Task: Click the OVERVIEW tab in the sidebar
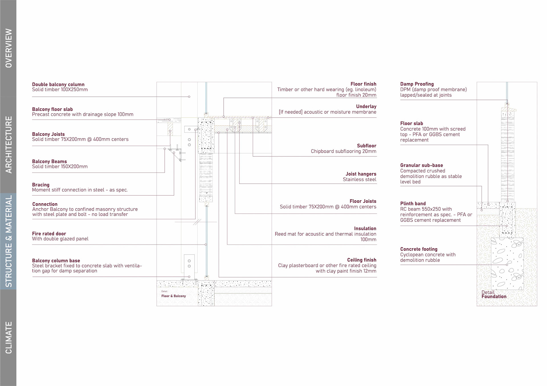pyautogui.click(x=9, y=48)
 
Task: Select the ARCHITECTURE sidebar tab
pyautogui.click(x=9, y=145)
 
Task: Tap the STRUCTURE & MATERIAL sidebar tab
pyautogui.click(x=9, y=241)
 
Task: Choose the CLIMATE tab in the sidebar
pyautogui.click(x=9, y=338)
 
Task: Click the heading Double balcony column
pyautogui.click(x=58, y=84)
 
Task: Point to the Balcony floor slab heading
pyautogui.click(x=52, y=109)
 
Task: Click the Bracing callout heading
pyautogui.click(x=41, y=185)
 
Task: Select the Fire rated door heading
pyautogui.click(x=49, y=234)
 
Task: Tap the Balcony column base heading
pyautogui.click(x=56, y=261)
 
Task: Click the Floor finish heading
pyautogui.click(x=363, y=84)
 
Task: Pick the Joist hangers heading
pyautogui.click(x=361, y=174)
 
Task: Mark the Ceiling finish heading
pyautogui.click(x=362, y=260)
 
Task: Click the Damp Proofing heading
pyautogui.click(x=417, y=84)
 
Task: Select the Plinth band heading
pyautogui.click(x=413, y=204)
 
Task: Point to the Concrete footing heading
pyautogui.click(x=419, y=249)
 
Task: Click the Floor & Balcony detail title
pyautogui.click(x=174, y=296)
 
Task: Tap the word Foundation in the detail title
pyautogui.click(x=494, y=297)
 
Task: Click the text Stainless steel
pyautogui.click(x=359, y=179)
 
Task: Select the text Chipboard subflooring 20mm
pyautogui.click(x=343, y=151)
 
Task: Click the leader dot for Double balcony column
pyautogui.click(x=189, y=97)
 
